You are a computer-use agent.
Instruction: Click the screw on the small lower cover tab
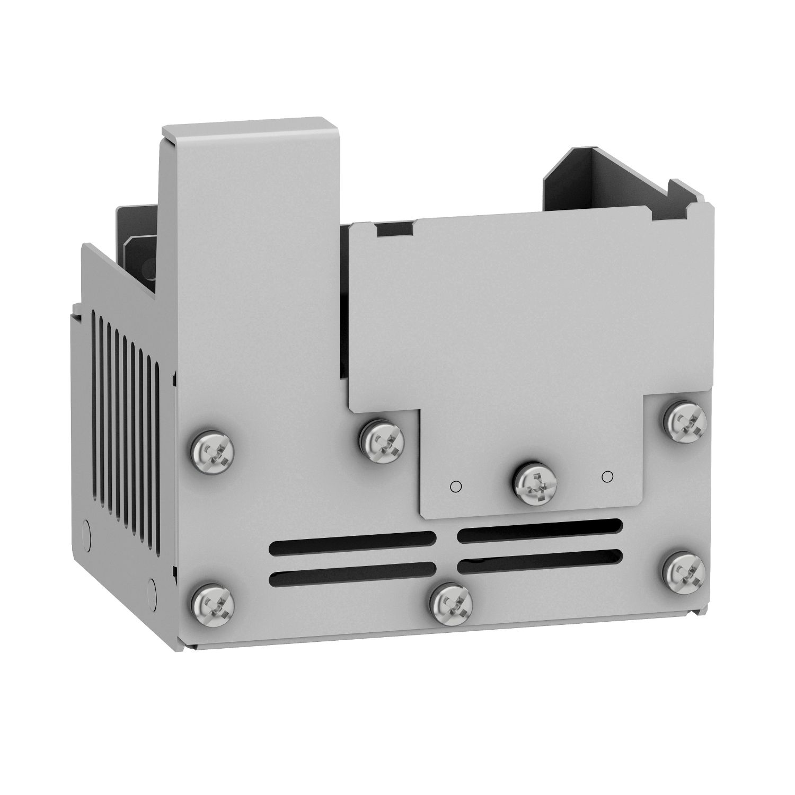coord(536,483)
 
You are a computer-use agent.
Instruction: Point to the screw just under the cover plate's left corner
coord(382,439)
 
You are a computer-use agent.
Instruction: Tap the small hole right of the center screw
coord(607,475)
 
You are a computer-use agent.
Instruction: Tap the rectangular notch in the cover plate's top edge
coord(394,229)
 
